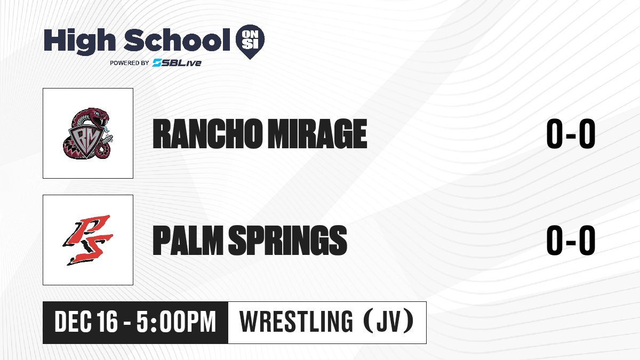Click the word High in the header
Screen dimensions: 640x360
click(x=80, y=42)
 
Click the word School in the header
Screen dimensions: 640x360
click(x=177, y=40)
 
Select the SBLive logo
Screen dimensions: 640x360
click(x=177, y=62)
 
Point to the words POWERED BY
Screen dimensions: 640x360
click(x=130, y=63)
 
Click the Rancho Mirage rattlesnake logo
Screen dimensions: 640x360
click(x=88, y=133)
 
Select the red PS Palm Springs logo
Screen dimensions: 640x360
click(x=88, y=240)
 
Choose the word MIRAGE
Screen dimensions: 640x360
click(x=317, y=134)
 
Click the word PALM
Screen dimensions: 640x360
click(x=188, y=241)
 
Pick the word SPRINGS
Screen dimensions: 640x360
click(x=287, y=241)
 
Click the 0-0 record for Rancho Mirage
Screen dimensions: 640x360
click(x=571, y=134)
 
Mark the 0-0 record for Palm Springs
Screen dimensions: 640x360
click(x=571, y=241)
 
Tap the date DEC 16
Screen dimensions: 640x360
click(x=86, y=322)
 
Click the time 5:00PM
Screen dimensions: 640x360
click(x=176, y=322)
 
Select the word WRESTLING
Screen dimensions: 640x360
click(x=297, y=322)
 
